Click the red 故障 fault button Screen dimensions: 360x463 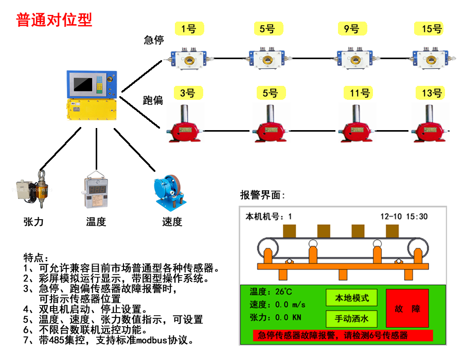(407, 309)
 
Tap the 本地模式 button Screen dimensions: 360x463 (351, 298)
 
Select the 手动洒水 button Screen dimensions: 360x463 (351, 319)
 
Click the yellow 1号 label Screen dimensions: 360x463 (189, 29)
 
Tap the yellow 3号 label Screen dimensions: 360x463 (188, 93)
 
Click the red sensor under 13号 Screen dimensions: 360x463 (431, 125)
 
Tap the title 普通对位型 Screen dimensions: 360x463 (54, 20)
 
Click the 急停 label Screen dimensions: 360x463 (153, 40)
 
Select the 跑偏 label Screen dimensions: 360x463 (153, 100)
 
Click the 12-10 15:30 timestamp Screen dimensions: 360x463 (404, 217)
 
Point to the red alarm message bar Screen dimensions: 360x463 (343, 335)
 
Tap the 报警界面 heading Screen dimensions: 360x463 (262, 195)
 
